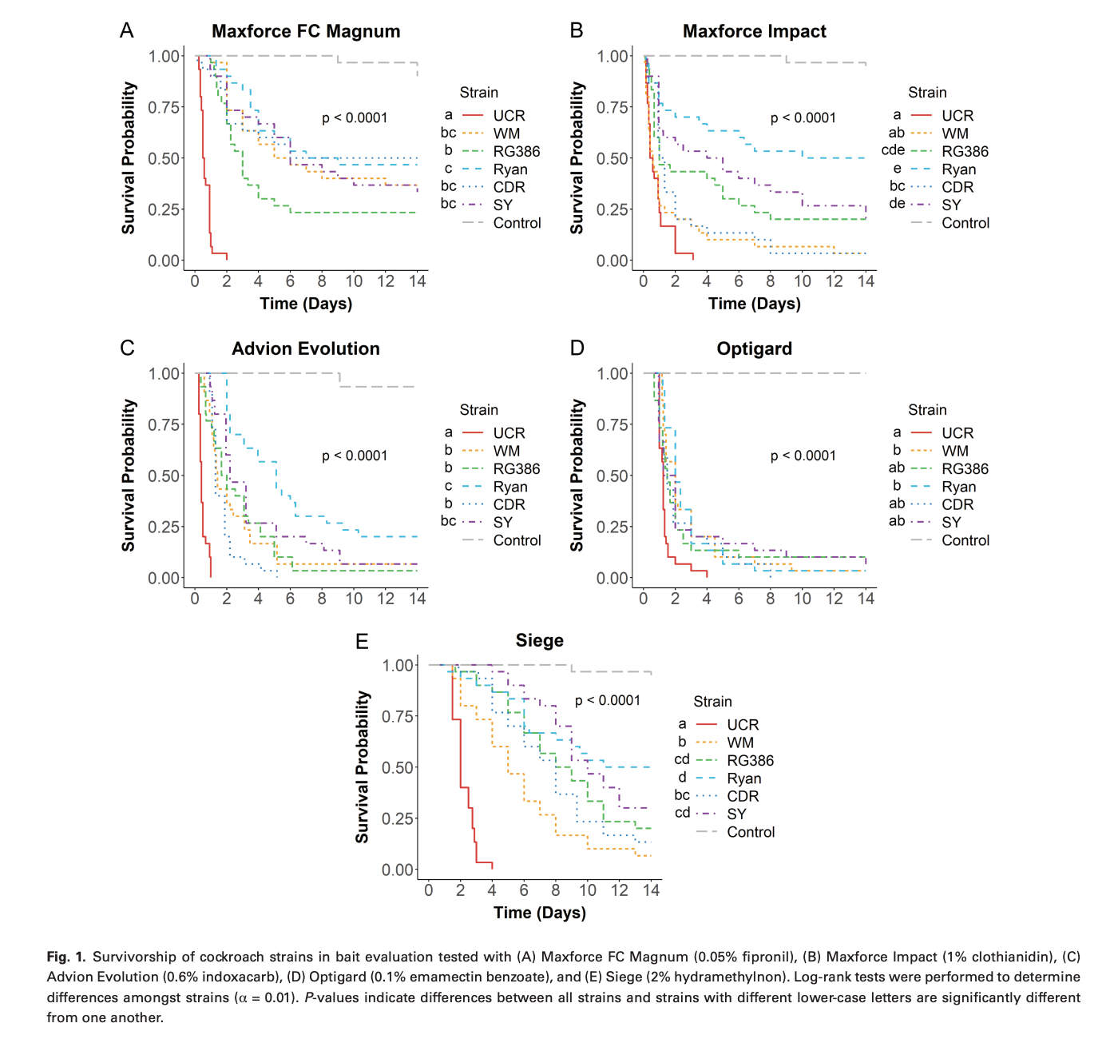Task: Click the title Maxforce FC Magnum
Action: [x=306, y=31]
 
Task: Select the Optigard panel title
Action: [x=754, y=348]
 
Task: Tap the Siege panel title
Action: [x=539, y=640]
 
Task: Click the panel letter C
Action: [x=127, y=348]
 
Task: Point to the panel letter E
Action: [x=362, y=641]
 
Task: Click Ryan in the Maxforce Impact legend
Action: [x=958, y=169]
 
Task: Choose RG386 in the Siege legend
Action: [x=750, y=760]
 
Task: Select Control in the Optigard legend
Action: [x=965, y=540]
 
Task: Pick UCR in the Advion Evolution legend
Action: [x=509, y=433]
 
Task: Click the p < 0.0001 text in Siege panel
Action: [x=608, y=700]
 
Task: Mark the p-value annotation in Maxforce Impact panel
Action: [x=803, y=118]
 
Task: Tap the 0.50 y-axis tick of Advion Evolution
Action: [x=164, y=476]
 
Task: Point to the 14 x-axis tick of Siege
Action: [x=651, y=890]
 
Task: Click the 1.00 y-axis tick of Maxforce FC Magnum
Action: [x=164, y=56]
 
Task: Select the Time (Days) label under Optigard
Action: [x=754, y=621]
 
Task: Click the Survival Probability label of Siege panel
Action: [x=363, y=767]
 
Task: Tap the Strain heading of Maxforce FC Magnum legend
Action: [x=478, y=93]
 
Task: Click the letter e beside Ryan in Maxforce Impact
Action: [x=897, y=169]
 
